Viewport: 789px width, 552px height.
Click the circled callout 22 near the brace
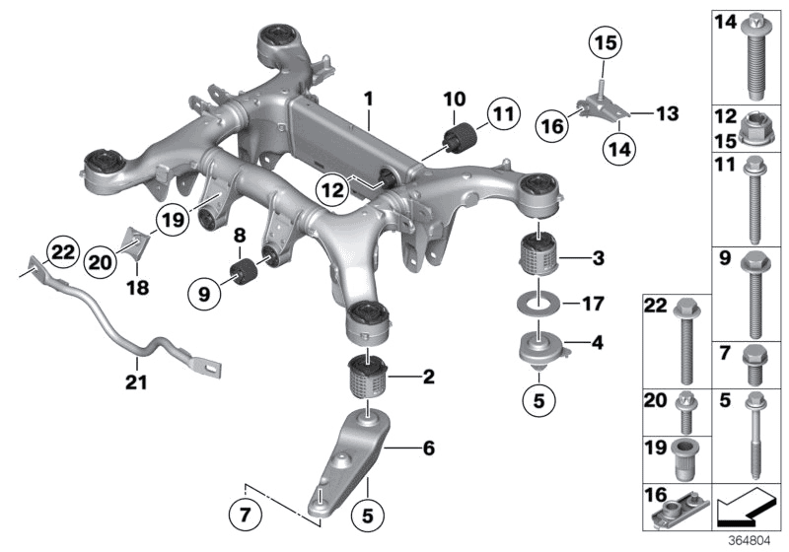(61, 253)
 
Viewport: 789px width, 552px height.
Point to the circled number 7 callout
(243, 514)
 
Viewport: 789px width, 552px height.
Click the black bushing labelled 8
(244, 270)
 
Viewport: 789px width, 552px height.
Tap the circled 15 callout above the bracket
(603, 42)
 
